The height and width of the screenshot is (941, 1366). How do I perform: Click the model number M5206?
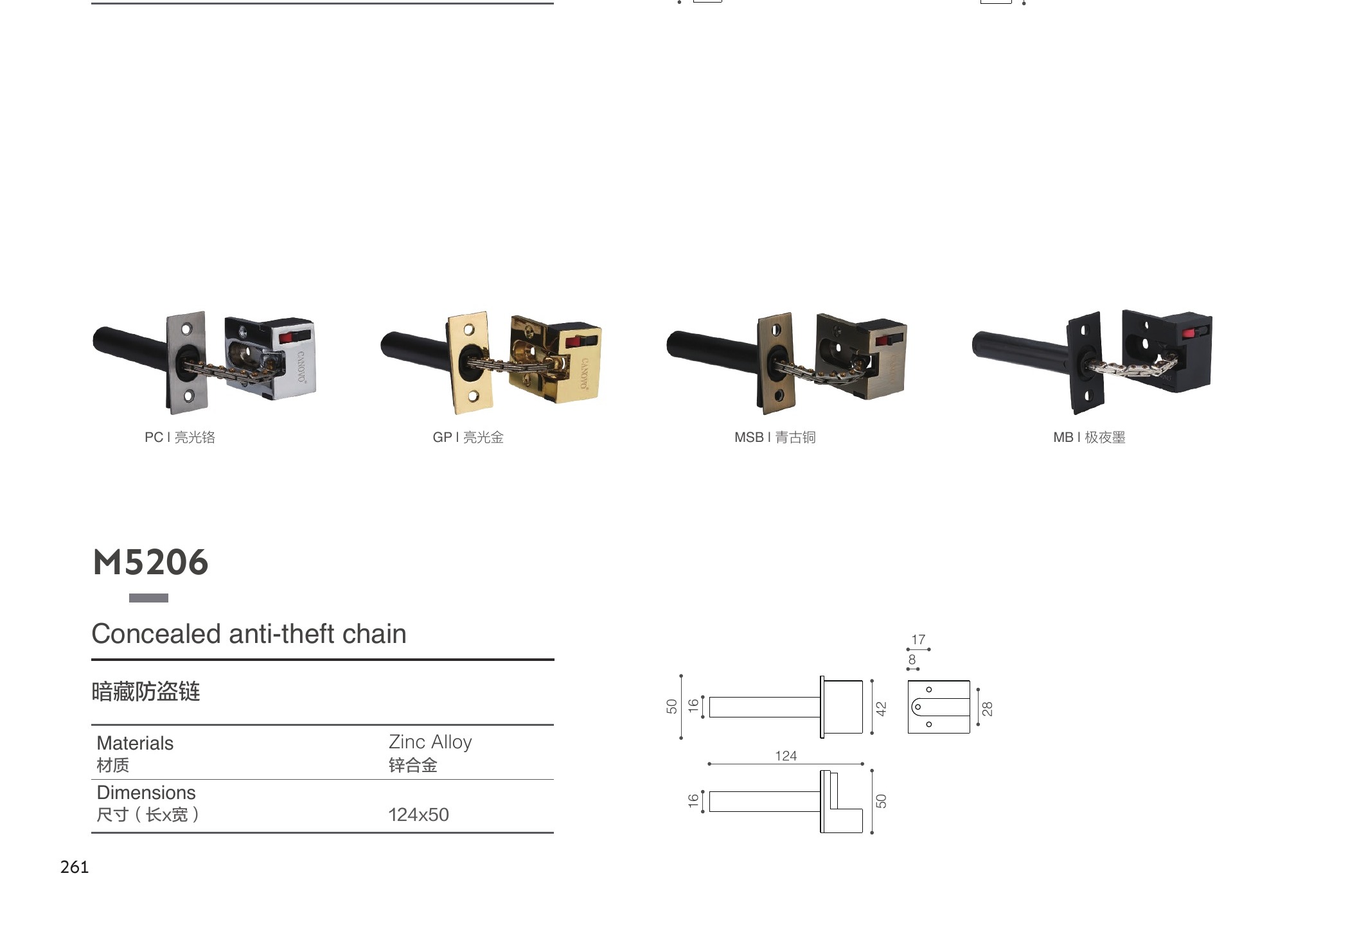click(151, 563)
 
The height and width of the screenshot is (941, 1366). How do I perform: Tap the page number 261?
click(75, 867)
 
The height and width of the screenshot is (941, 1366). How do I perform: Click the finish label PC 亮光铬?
click(180, 437)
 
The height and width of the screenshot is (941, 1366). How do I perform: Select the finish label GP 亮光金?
click(468, 437)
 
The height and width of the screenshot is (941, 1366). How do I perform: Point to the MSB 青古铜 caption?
click(775, 437)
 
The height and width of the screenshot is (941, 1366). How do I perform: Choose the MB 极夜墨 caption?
click(1089, 437)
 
